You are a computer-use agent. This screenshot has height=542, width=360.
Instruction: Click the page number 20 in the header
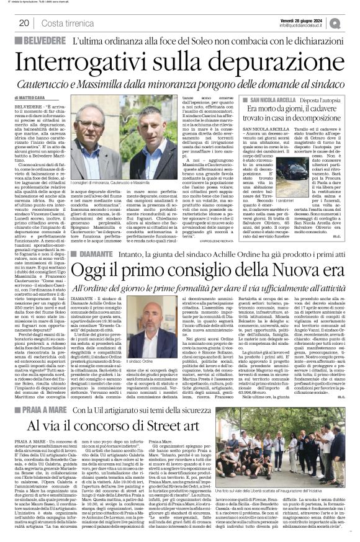click(x=23, y=23)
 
